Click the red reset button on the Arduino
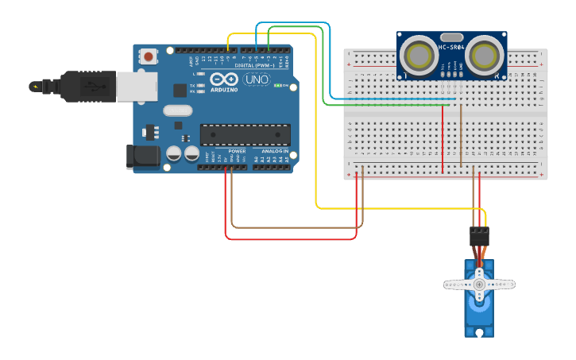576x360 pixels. [149, 56]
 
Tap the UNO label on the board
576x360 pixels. [256, 80]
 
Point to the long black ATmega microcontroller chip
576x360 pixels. [245, 135]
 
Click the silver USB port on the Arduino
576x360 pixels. [137, 87]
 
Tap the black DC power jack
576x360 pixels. [143, 157]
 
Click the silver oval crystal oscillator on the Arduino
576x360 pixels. [178, 111]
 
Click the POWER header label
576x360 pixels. [237, 150]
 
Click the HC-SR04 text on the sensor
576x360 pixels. [451, 47]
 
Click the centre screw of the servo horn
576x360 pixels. [479, 284]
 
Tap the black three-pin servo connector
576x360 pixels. [479, 236]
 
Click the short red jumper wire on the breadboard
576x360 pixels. [443, 139]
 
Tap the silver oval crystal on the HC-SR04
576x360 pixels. [451, 37]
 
